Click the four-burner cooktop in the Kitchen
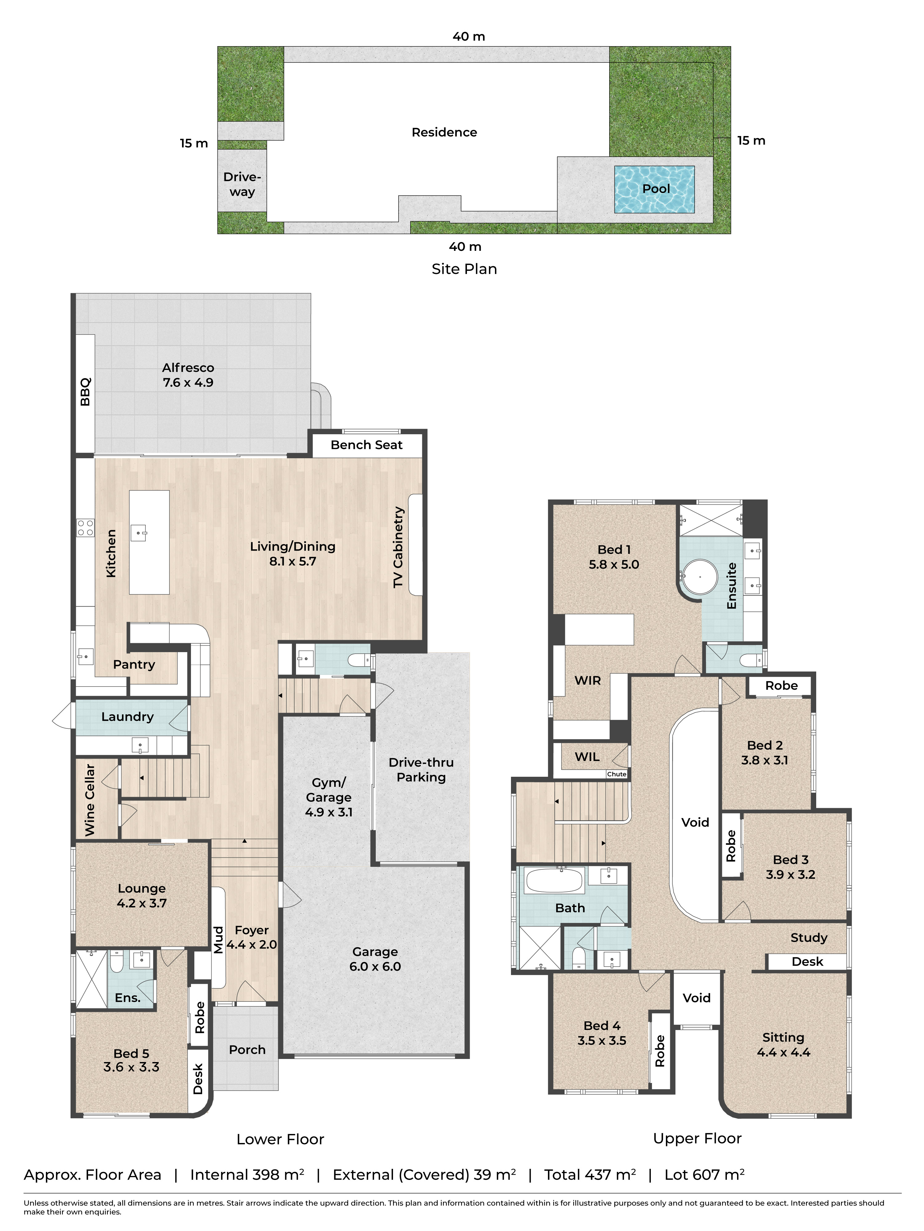click(x=85, y=527)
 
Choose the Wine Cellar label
click(x=90, y=800)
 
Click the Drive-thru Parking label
click(x=421, y=770)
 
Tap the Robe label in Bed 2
click(x=781, y=686)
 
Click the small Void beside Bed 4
click(x=696, y=998)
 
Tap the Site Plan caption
click(x=464, y=269)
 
